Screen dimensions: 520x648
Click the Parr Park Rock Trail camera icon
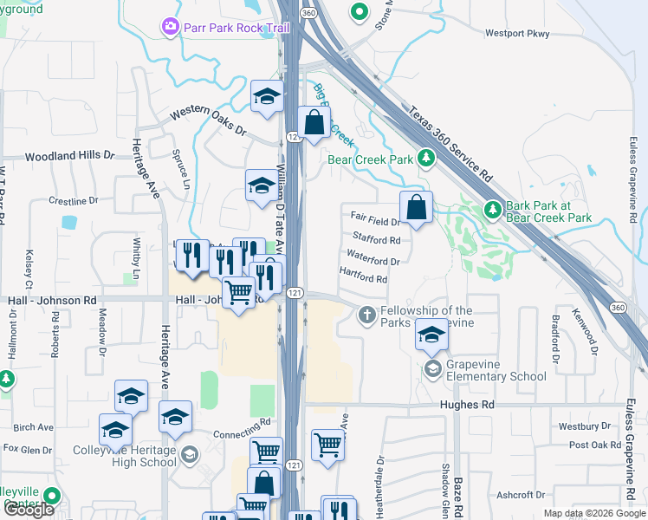(170, 28)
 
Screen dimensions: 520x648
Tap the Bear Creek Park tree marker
(425, 159)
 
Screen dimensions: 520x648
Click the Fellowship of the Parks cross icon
(366, 315)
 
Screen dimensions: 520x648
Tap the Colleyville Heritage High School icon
(189, 453)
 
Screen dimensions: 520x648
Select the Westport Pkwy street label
(517, 34)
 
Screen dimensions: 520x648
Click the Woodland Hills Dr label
(69, 157)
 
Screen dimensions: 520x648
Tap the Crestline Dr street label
(79, 201)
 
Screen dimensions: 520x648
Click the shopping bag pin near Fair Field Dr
(416, 207)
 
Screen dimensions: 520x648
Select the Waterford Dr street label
(373, 258)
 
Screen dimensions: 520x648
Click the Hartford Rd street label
(363, 279)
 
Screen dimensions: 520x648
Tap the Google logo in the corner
(29, 509)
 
